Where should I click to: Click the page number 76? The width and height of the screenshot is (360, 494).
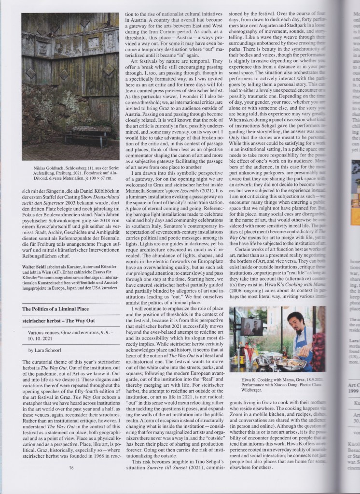tap(71, 467)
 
